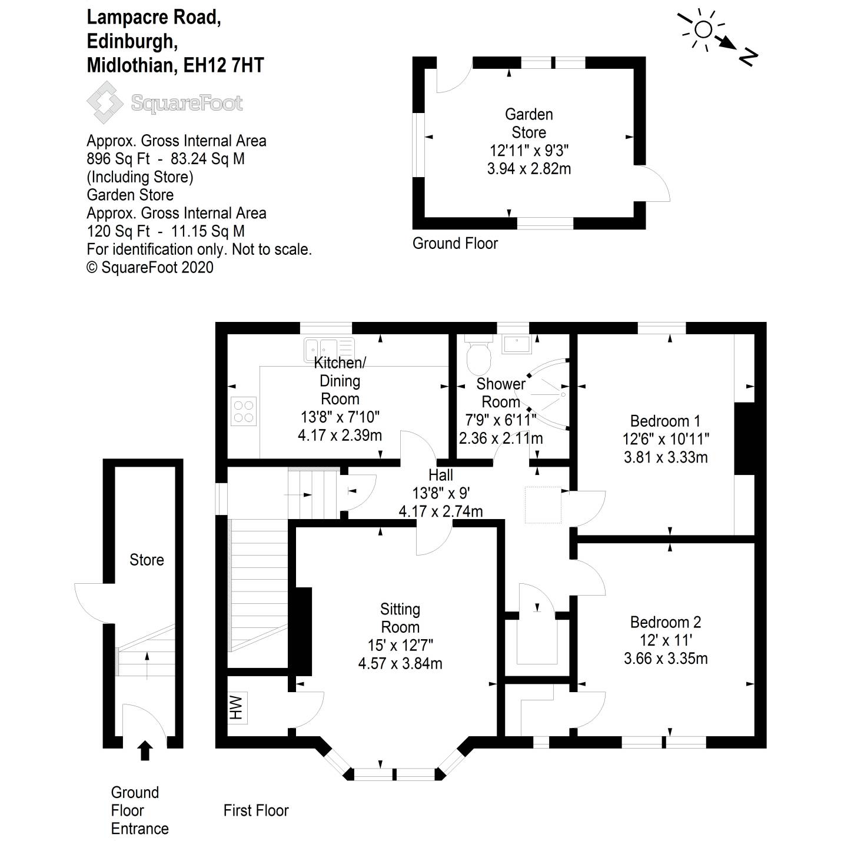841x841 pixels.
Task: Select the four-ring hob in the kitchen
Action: click(x=244, y=411)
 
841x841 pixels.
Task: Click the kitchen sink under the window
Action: click(x=329, y=348)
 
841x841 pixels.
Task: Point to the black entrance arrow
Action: click(x=145, y=750)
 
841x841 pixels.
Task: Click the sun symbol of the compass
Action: click(x=703, y=29)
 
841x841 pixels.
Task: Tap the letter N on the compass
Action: click(x=747, y=57)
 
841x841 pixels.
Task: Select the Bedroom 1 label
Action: click(x=665, y=421)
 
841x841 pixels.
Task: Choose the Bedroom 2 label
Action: click(x=665, y=622)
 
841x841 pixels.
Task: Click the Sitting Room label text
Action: click(x=400, y=618)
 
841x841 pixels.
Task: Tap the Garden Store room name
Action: click(x=528, y=123)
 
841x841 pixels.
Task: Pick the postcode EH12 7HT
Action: click(x=224, y=65)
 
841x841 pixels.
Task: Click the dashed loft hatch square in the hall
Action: click(x=543, y=505)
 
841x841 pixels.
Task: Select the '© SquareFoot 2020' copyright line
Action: click(x=150, y=267)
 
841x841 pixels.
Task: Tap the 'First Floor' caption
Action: click(x=256, y=810)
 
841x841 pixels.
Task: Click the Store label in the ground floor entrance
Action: click(x=147, y=560)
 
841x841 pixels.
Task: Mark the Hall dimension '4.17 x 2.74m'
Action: click(x=441, y=511)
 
